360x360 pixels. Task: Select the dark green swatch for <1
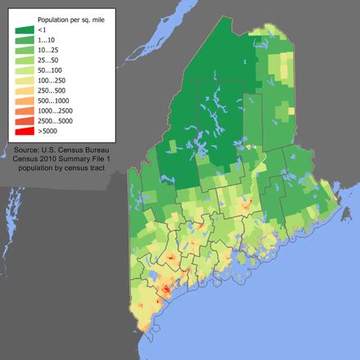click(23, 29)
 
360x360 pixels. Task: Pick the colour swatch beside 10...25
click(23, 51)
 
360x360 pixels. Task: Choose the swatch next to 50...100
click(23, 70)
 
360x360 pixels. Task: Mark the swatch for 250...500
click(23, 90)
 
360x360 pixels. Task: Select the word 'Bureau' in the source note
click(107, 150)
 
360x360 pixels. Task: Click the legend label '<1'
click(43, 30)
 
